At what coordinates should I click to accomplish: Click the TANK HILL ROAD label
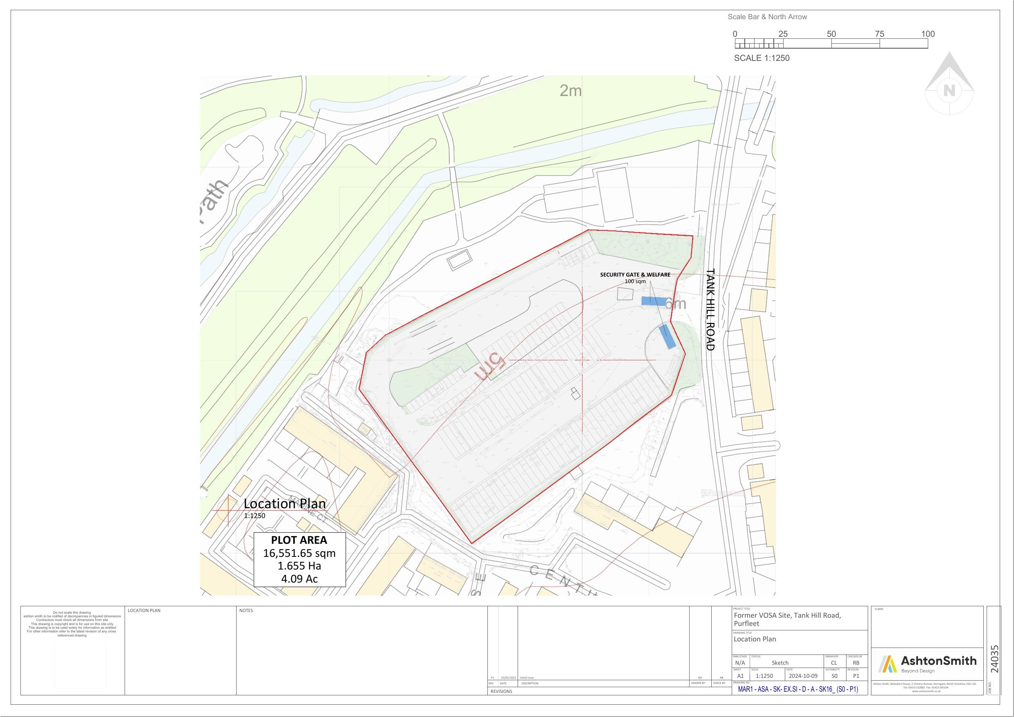pos(710,310)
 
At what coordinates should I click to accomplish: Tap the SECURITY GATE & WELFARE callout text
pos(634,275)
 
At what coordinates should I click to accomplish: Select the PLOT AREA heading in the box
pos(299,540)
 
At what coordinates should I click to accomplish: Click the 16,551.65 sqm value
pos(299,553)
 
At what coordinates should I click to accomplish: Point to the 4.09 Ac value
pos(299,579)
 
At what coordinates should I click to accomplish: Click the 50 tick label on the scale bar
pos(831,34)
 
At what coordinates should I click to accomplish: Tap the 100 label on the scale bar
pos(928,34)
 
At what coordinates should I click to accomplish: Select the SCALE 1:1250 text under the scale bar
pos(762,58)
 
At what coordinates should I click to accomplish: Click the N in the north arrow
pos(949,91)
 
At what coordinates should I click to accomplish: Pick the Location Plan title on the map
pos(285,504)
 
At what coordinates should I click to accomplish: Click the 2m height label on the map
pos(571,91)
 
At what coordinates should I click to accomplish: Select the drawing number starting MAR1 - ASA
pos(798,689)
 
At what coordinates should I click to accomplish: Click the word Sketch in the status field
pos(780,663)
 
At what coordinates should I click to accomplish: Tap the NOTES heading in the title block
pos(246,610)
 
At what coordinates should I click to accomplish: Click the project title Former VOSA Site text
pos(787,619)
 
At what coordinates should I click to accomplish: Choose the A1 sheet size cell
pos(740,676)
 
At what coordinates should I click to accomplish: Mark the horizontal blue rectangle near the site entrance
pos(653,301)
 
